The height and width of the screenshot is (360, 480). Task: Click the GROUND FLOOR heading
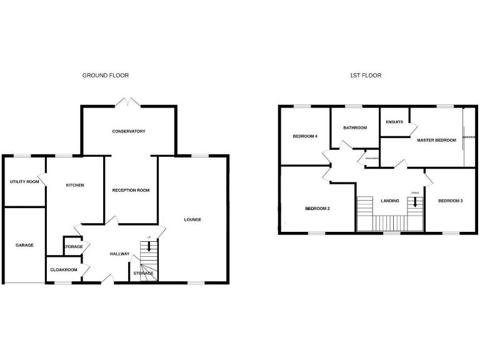(106, 75)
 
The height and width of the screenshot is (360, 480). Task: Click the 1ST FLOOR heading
(366, 75)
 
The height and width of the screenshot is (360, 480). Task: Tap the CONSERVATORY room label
(129, 131)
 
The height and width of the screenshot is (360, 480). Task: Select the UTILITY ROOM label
(24, 182)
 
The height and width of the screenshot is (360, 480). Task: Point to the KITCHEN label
(75, 185)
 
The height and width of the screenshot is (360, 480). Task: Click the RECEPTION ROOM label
(131, 190)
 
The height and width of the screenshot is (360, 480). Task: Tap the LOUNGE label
(192, 219)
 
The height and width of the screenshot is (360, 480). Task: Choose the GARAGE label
(24, 245)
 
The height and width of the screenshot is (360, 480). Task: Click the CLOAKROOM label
(63, 270)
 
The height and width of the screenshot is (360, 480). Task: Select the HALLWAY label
(119, 254)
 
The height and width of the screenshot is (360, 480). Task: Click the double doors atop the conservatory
(129, 101)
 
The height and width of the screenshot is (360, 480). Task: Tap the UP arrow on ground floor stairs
(149, 244)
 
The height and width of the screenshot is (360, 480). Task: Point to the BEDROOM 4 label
(305, 136)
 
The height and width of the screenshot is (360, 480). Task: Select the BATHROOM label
(355, 127)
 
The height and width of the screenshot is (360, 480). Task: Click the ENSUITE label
(394, 122)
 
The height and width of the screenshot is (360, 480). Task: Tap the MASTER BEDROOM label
(437, 140)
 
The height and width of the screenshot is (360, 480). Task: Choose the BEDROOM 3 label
(450, 201)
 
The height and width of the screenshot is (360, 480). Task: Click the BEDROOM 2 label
(317, 209)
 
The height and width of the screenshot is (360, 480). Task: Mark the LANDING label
(389, 201)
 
